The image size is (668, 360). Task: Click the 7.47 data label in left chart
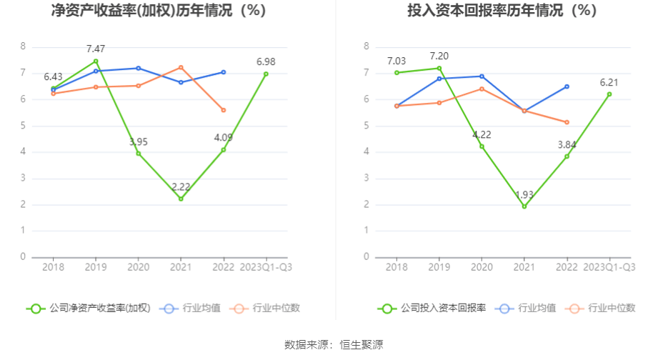tap(96, 49)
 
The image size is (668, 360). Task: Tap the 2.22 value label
tap(181, 186)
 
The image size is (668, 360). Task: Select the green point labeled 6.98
tap(266, 74)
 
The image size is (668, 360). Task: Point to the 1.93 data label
tap(524, 194)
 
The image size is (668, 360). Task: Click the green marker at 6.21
tap(609, 94)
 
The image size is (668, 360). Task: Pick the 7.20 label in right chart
tap(439, 56)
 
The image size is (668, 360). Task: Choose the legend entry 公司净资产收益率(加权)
tap(89, 309)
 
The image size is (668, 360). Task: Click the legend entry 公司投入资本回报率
tap(434, 309)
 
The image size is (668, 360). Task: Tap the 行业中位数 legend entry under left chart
tap(266, 309)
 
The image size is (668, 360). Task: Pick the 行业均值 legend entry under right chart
tap(529, 309)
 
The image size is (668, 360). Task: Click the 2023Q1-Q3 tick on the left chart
tap(266, 267)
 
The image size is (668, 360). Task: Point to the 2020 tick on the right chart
tap(482, 267)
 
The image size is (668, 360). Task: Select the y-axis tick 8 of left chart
tap(23, 46)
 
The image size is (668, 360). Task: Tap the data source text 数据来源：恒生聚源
tap(334, 345)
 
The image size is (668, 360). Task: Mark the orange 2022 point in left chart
tap(224, 110)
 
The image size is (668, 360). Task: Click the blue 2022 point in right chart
tap(567, 86)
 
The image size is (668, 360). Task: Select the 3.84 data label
tap(567, 145)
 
